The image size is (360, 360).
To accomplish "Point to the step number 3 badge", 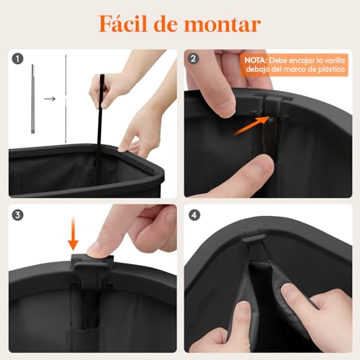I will point(18,215).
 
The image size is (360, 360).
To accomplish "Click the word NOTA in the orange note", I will point(255,60).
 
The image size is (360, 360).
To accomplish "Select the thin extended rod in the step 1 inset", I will point(66,100).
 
